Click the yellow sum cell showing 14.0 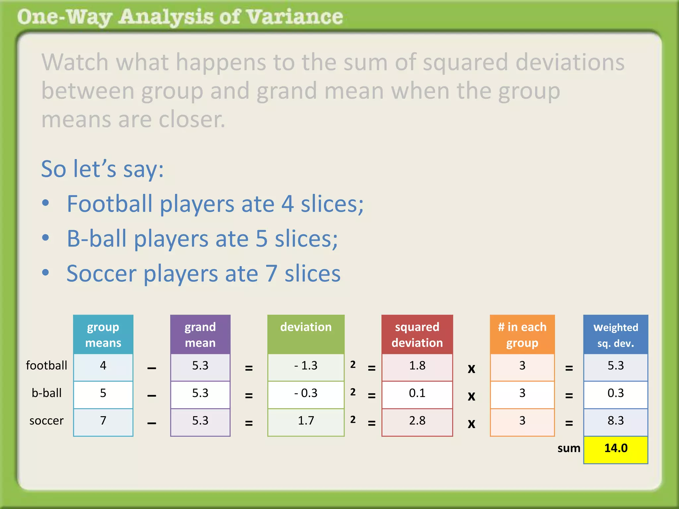615,449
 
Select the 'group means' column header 103,334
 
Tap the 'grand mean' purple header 200,334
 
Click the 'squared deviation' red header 417,334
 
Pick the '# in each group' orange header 522,334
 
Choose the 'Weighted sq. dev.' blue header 615,335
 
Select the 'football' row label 46,366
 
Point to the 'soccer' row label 46,421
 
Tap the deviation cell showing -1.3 306,366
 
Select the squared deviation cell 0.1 417,394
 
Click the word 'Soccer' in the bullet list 101,274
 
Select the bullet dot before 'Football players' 46,203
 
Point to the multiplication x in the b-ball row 471,396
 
